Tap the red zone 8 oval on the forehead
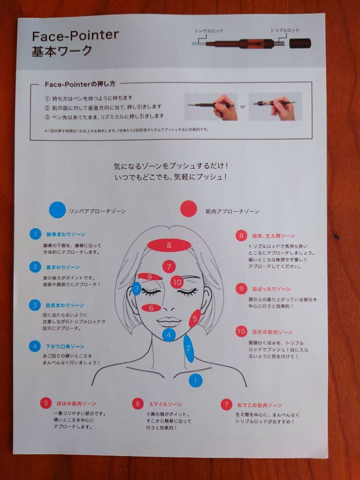(x=169, y=244)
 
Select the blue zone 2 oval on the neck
(x=188, y=348)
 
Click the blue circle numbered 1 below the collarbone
(x=196, y=380)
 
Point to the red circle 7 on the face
(x=169, y=267)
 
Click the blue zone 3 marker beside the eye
(x=136, y=289)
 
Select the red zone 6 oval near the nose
(x=151, y=308)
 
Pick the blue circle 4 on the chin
(x=169, y=335)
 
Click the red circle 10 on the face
(x=177, y=281)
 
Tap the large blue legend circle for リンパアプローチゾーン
(x=57, y=210)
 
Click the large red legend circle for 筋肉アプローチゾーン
(x=188, y=209)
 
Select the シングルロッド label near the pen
(x=208, y=31)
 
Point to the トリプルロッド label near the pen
(x=285, y=30)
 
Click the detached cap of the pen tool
(x=300, y=43)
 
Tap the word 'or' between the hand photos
(x=243, y=107)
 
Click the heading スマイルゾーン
(x=165, y=404)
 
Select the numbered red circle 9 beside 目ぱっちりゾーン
(x=241, y=288)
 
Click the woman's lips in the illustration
(x=169, y=321)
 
